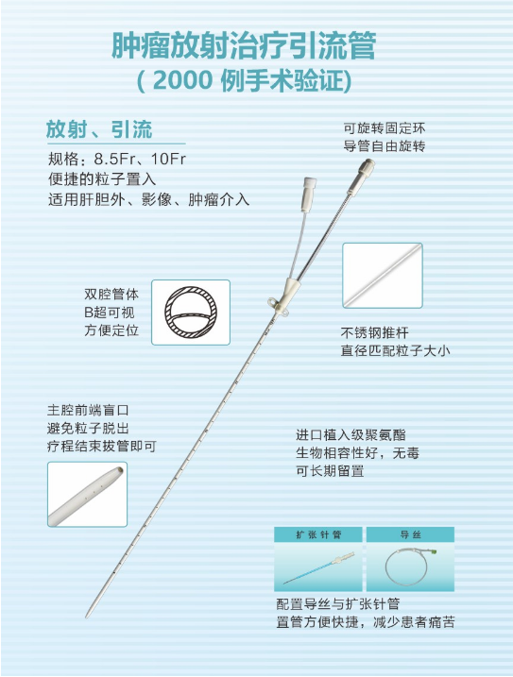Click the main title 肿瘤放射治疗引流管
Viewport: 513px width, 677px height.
[244, 45]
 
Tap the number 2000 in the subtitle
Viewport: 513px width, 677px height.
[183, 80]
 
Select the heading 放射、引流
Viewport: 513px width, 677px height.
[99, 128]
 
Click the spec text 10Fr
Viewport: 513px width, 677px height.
[168, 159]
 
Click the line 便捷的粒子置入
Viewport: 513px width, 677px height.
[102, 178]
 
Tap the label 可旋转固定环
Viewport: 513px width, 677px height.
[385, 128]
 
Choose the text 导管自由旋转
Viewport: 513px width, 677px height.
[385, 146]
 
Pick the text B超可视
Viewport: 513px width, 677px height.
[110, 313]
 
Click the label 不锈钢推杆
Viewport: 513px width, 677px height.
[374, 332]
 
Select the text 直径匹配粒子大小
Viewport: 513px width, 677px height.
[395, 350]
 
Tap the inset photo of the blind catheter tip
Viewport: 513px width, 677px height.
[87, 495]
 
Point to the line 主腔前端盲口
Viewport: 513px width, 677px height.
[88, 410]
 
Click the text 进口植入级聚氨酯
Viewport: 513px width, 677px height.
[351, 434]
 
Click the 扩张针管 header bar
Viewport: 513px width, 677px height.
[318, 534]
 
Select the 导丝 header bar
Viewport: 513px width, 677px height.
[410, 534]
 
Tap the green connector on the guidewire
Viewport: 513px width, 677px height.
[433, 551]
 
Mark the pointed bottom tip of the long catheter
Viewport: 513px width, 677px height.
[86, 617]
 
